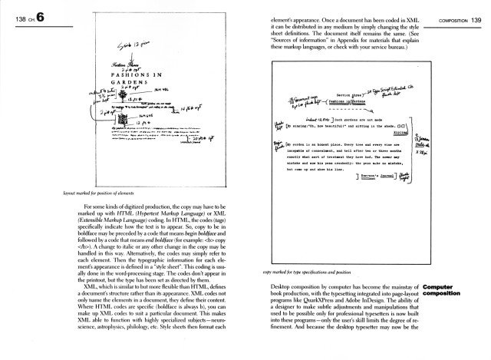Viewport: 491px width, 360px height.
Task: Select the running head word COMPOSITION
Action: tap(439, 19)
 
